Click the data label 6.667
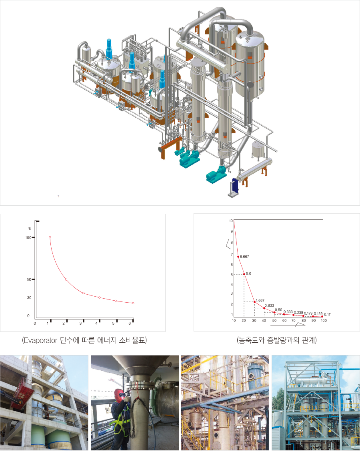pos(244,257)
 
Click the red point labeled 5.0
pos(244,274)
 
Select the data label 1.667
pos(260,301)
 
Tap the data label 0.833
pos(269,305)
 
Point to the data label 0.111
pos(328,315)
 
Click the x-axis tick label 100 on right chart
pos(324,321)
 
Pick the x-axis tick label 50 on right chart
pos(274,321)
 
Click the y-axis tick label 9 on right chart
pos(232,231)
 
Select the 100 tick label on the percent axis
pos(28,238)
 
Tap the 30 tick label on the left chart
pos(29,298)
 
